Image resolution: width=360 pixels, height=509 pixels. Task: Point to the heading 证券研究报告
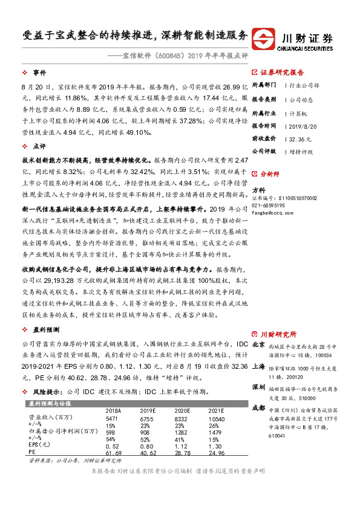coord(287,71)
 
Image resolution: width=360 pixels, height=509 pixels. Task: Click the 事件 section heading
coord(39,71)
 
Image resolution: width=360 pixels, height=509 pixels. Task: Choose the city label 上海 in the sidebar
coord(258,366)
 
